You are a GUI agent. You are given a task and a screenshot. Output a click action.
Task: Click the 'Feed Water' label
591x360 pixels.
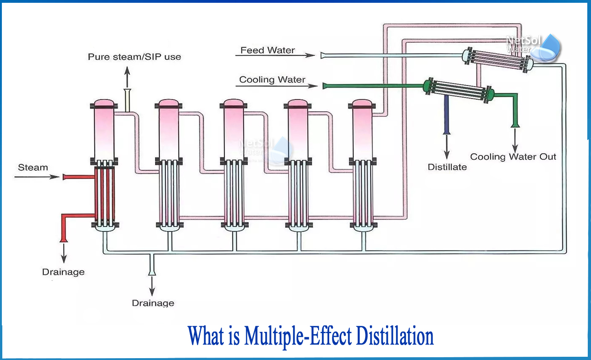[x=267, y=50]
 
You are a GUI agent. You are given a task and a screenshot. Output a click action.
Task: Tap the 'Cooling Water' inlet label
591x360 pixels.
[x=272, y=80]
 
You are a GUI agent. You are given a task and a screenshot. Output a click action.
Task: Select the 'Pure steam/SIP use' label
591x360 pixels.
[x=134, y=57]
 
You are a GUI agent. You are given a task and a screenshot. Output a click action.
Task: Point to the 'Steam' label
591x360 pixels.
[x=33, y=168]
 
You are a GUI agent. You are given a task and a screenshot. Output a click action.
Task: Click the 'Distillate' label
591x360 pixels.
[x=447, y=167]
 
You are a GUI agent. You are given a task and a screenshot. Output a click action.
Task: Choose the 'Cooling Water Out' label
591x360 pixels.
[x=513, y=157]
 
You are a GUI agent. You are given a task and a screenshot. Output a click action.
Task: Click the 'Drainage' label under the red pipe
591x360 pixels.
[x=63, y=272]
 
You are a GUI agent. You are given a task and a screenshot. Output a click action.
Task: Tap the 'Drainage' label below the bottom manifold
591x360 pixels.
[x=153, y=303]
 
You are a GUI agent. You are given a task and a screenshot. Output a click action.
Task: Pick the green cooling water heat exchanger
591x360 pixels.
[x=459, y=90]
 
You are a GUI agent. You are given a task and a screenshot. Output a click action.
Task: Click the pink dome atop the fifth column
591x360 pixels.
[x=362, y=102]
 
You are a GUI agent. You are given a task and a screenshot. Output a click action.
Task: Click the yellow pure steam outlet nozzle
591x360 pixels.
[x=128, y=101]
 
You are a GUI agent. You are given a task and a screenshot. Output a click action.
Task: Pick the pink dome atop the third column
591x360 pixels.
[x=233, y=102]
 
